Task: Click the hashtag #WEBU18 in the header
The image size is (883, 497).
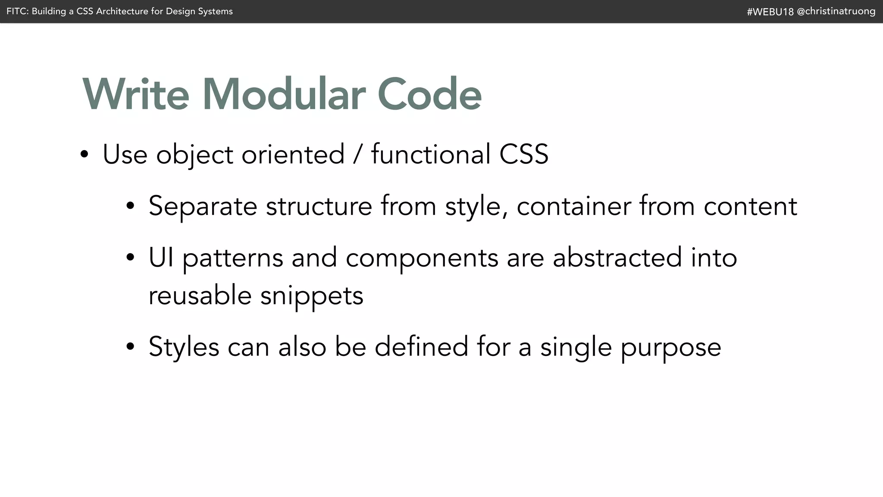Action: pyautogui.click(x=770, y=12)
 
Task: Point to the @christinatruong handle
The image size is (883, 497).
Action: pyautogui.click(x=836, y=11)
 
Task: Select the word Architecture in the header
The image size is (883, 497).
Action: pyautogui.click(x=122, y=11)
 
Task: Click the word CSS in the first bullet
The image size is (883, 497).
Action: pyautogui.click(x=523, y=154)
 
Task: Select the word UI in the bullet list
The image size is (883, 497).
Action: pyautogui.click(x=161, y=258)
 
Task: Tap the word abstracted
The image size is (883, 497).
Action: pyautogui.click(x=617, y=258)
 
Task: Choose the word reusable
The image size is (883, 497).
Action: pyautogui.click(x=200, y=296)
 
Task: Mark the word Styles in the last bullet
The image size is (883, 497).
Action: pyautogui.click(x=184, y=347)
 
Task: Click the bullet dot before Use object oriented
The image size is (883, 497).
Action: pyautogui.click(x=85, y=155)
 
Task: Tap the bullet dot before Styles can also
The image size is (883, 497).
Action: pyautogui.click(x=130, y=347)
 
